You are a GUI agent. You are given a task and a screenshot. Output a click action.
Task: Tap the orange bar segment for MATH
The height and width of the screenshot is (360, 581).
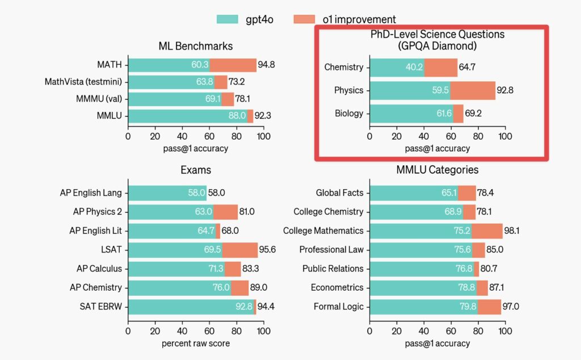pyautogui.click(x=233, y=65)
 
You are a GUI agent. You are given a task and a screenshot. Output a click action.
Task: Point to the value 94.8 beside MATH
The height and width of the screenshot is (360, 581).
pyautogui.click(x=267, y=65)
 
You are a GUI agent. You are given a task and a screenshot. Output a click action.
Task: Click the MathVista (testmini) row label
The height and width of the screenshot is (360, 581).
pyautogui.click(x=85, y=82)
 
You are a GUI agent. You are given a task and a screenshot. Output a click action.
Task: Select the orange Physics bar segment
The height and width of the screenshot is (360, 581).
pyautogui.click(x=473, y=90)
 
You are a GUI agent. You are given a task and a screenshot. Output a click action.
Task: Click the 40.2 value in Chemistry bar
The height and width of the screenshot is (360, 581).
pyautogui.click(x=414, y=68)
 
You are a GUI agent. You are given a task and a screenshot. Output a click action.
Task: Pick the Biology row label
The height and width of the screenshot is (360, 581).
pyautogui.click(x=348, y=114)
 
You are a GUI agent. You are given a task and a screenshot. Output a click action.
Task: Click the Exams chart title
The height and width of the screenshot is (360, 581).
pyautogui.click(x=196, y=170)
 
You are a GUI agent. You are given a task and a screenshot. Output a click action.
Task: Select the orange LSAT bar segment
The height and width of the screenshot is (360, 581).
pyautogui.click(x=240, y=250)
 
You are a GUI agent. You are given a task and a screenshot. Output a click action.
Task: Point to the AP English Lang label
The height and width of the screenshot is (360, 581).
pyautogui.click(x=91, y=193)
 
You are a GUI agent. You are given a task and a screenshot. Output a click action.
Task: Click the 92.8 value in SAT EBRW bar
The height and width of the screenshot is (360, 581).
pyautogui.click(x=245, y=307)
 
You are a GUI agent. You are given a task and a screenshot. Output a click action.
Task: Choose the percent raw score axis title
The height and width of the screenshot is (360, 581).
pyautogui.click(x=196, y=344)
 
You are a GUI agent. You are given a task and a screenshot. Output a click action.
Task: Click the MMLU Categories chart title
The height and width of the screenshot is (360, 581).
pyautogui.click(x=437, y=170)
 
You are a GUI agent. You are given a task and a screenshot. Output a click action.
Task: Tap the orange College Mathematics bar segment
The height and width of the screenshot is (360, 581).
pyautogui.click(x=487, y=231)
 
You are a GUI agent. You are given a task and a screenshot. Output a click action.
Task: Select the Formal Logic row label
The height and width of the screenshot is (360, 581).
pyautogui.click(x=338, y=307)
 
